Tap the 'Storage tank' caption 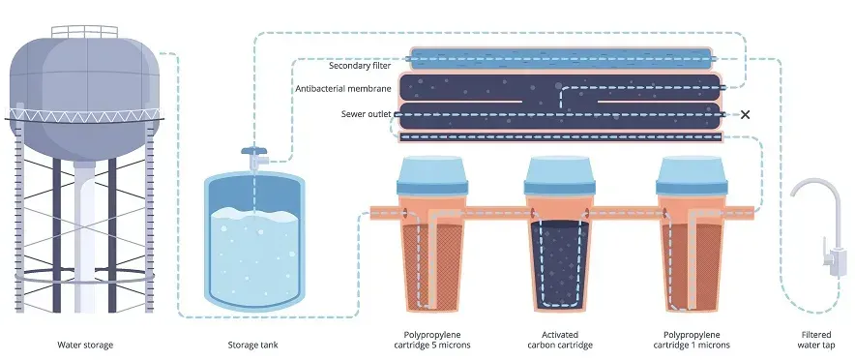coord(253,345)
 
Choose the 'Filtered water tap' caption coord(811,339)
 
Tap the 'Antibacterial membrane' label coord(343,88)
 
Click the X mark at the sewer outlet coord(744,114)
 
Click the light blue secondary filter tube coord(561,56)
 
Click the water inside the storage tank coord(253,256)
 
